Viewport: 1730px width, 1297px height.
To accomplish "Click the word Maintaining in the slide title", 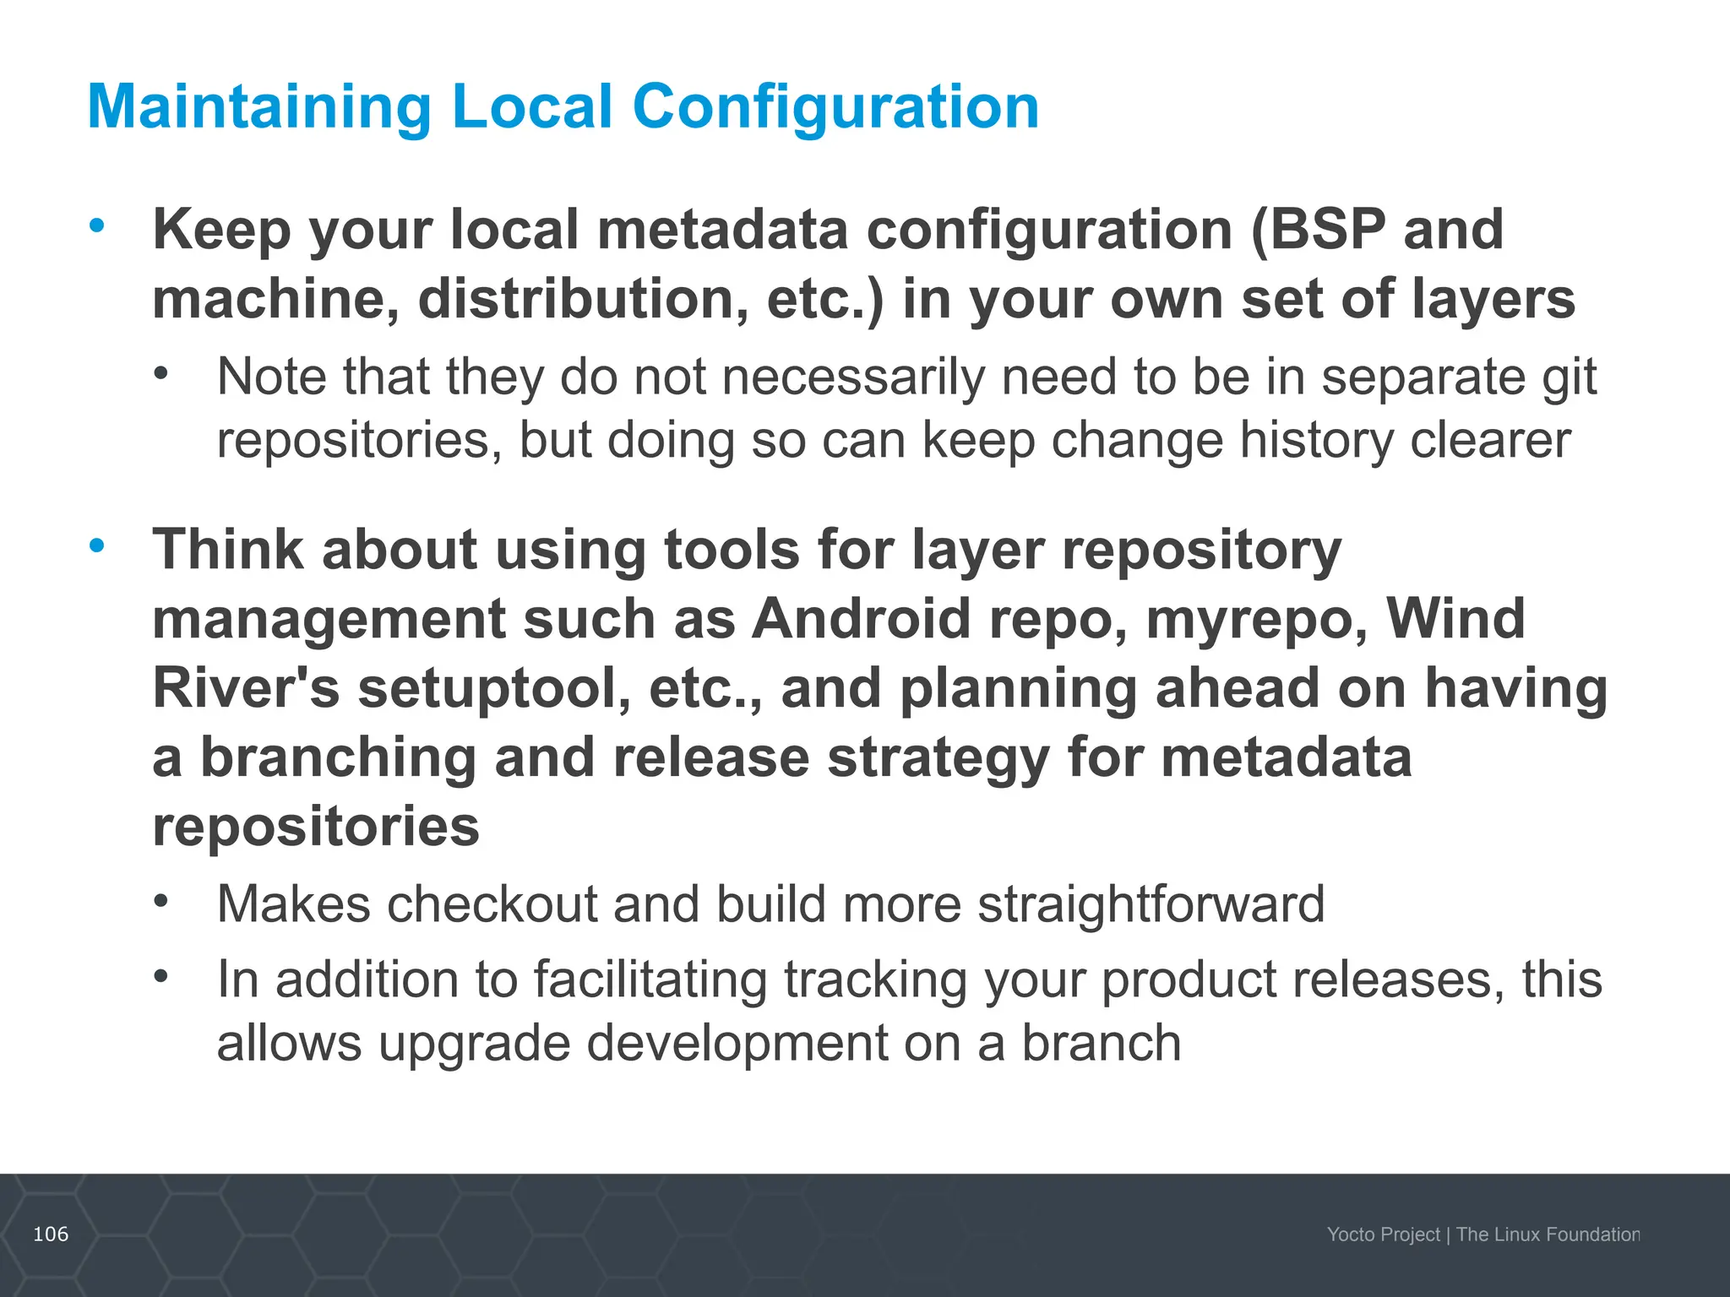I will pos(259,107).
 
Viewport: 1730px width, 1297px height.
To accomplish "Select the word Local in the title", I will pos(532,107).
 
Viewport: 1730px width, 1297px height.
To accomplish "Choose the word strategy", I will pos(938,758).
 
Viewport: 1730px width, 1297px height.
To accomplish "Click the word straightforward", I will pos(1151,904).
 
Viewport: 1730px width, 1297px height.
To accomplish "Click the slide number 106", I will pos(51,1235).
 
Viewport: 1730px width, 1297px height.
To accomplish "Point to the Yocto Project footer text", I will pos(1383,1235).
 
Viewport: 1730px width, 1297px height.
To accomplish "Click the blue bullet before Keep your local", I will pos(97,225).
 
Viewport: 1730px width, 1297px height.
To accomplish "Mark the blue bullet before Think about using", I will pos(97,545).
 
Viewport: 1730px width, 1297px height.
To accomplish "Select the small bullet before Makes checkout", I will pos(161,901).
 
